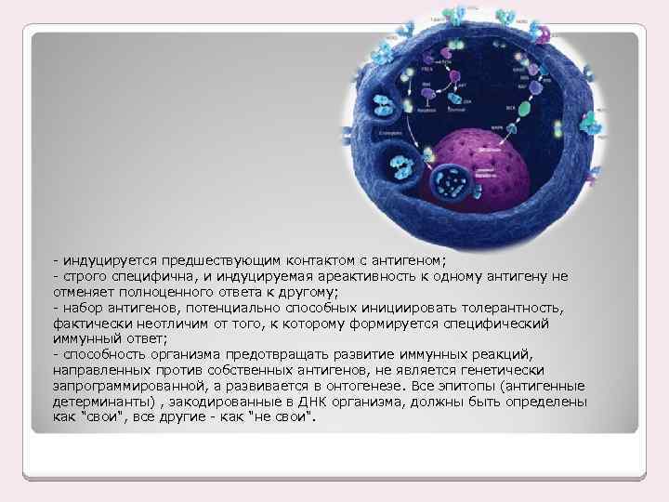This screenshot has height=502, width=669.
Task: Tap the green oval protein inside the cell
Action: pos(524,108)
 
